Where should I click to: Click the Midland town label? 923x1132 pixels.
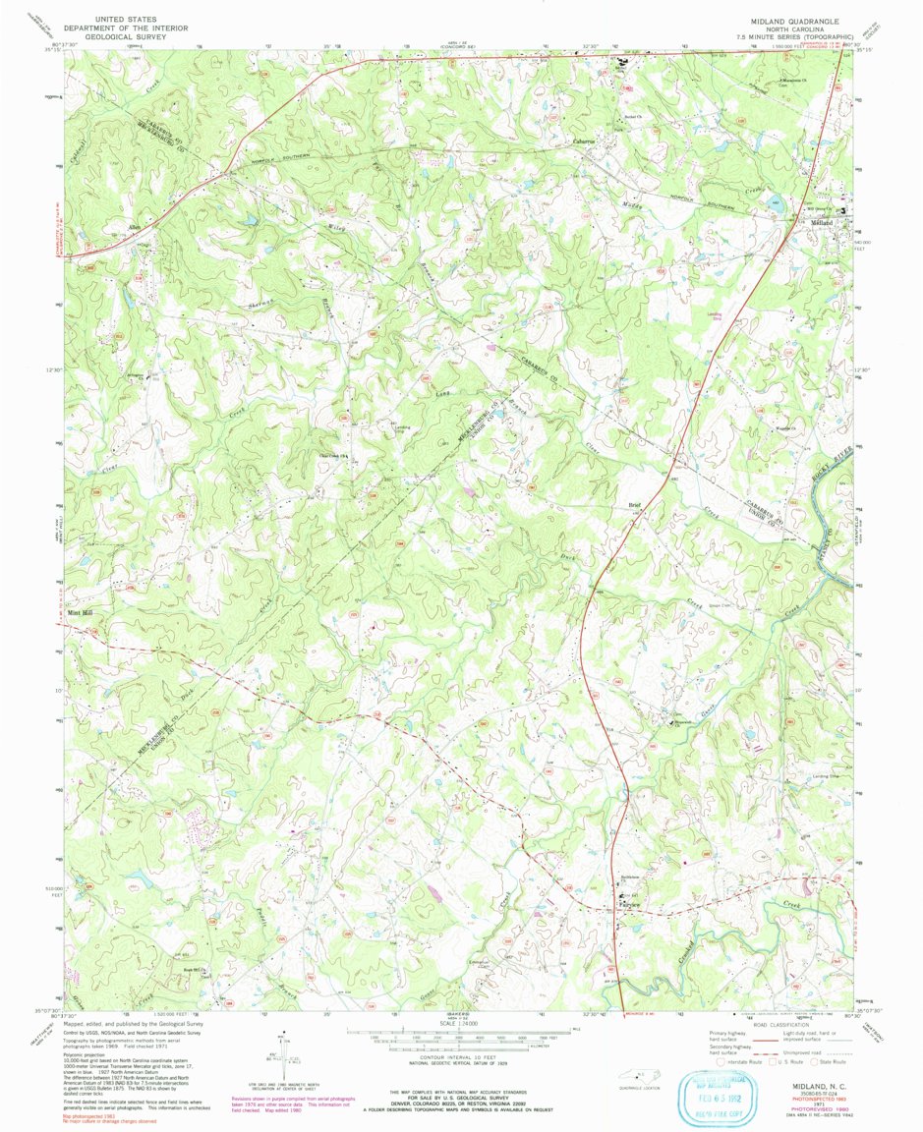click(821, 223)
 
